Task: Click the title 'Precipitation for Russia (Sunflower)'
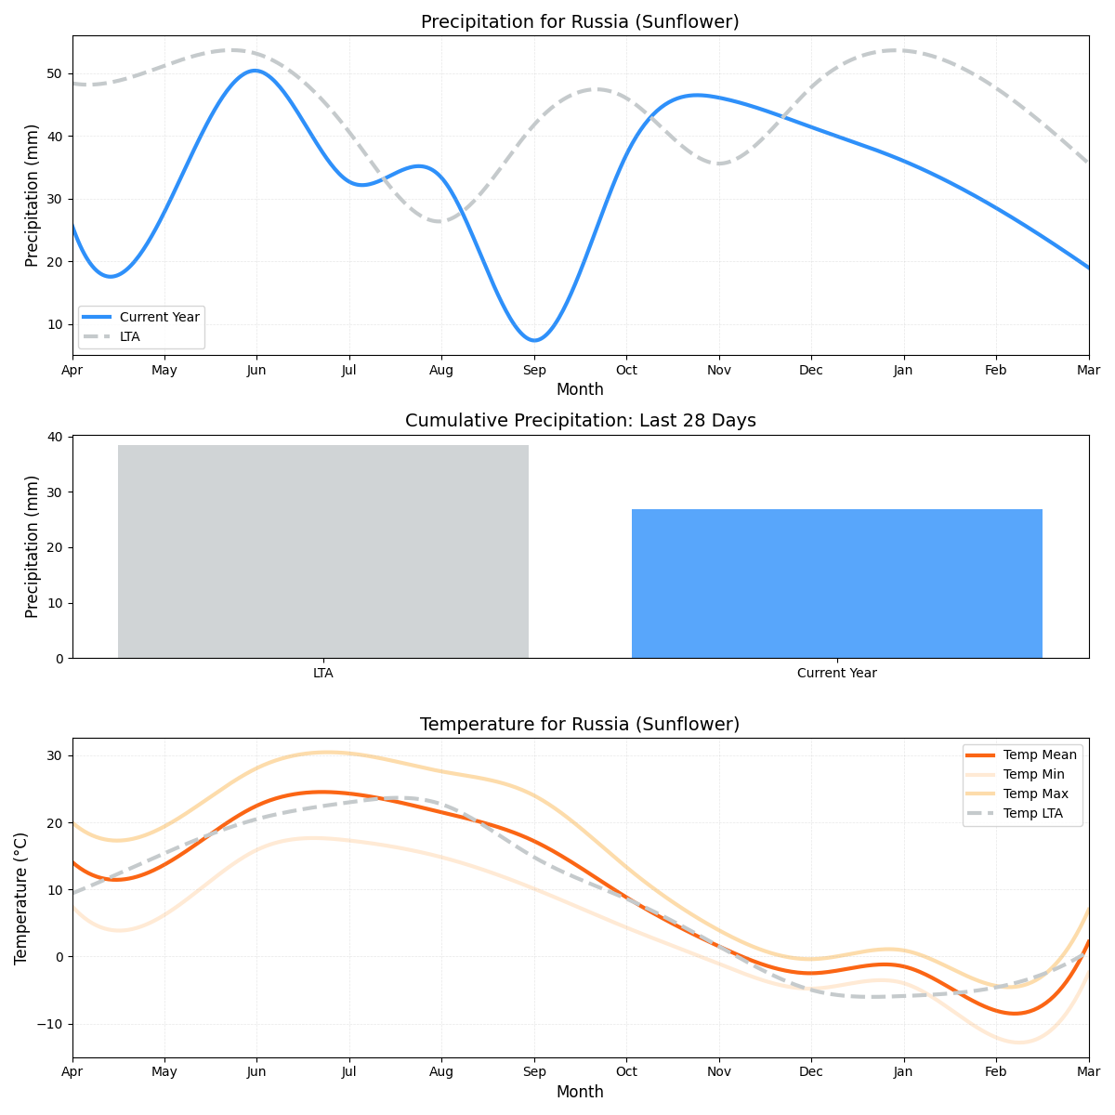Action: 580,22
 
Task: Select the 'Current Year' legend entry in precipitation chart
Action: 159,317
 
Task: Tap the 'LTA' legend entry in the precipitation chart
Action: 130,336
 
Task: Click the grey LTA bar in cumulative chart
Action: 323,551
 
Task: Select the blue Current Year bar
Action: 836,584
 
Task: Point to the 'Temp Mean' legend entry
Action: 1040,754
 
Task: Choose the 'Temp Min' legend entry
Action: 1033,775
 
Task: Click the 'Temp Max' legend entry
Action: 1035,794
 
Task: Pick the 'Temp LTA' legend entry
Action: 1032,814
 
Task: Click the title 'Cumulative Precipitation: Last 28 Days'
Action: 580,421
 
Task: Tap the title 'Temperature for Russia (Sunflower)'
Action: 580,725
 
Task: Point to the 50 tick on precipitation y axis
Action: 55,74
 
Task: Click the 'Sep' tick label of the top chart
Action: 534,371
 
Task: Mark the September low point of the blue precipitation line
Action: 534,340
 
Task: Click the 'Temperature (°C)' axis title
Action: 21,898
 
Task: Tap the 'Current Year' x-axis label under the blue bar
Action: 836,674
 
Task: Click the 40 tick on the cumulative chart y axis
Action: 55,437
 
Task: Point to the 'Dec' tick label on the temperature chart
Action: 811,1073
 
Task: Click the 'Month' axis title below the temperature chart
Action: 580,1093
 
